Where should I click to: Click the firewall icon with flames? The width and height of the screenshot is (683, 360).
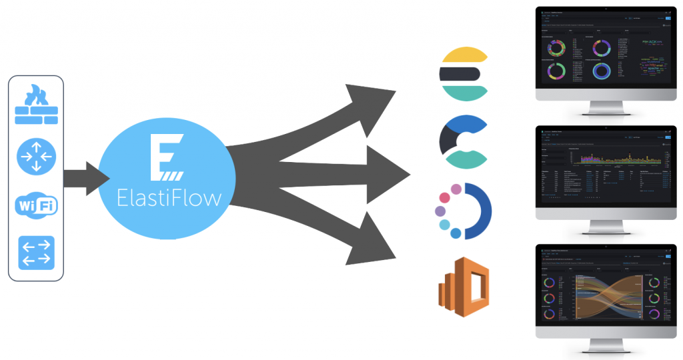click(37, 107)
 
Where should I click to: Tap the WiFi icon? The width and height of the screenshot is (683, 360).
click(37, 205)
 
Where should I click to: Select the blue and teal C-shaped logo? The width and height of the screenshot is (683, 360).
click(464, 141)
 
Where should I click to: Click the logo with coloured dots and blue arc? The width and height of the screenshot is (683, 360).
click(464, 211)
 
